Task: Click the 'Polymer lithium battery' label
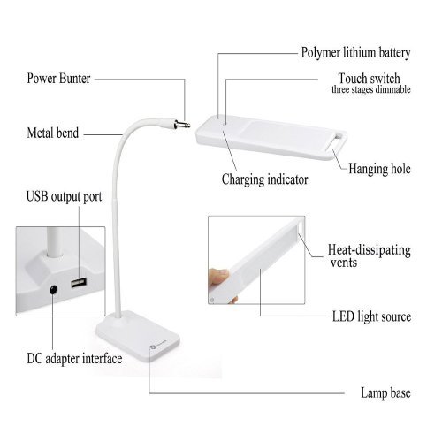click(x=355, y=53)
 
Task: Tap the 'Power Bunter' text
click(x=58, y=79)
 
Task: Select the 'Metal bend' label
click(x=53, y=133)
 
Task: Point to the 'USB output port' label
click(x=64, y=196)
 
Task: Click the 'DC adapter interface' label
click(x=74, y=359)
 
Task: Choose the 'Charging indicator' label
click(x=265, y=179)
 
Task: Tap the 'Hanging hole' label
click(x=379, y=169)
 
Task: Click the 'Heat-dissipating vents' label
click(x=370, y=255)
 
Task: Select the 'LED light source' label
click(x=371, y=316)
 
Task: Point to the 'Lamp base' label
click(x=385, y=392)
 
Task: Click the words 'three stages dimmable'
click(x=371, y=89)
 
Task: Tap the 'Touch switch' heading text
click(x=369, y=79)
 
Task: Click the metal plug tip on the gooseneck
click(x=182, y=125)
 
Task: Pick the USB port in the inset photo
click(x=79, y=283)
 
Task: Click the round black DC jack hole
click(x=53, y=290)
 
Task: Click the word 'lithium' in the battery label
click(x=359, y=52)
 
